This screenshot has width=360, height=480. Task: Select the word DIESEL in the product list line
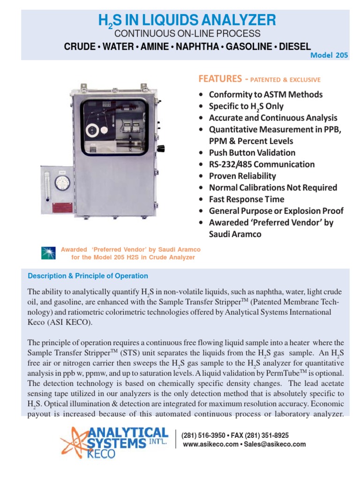(x=293, y=46)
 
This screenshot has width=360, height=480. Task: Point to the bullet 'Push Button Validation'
(x=252, y=153)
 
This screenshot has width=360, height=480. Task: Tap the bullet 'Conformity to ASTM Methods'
(x=266, y=95)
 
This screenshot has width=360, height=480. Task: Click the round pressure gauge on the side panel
(x=62, y=182)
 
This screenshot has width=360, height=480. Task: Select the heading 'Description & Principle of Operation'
(x=88, y=276)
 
